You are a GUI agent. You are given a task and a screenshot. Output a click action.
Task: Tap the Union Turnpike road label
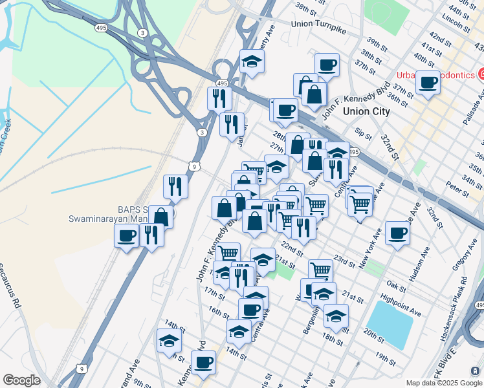click(319, 23)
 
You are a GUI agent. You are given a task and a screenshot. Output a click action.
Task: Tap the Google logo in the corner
click(21, 380)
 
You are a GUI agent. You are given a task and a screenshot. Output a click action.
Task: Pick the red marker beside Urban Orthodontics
click(481, 74)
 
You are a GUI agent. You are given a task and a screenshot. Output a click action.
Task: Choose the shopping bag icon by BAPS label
click(160, 216)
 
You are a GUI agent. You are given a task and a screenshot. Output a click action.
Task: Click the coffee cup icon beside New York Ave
click(397, 233)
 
